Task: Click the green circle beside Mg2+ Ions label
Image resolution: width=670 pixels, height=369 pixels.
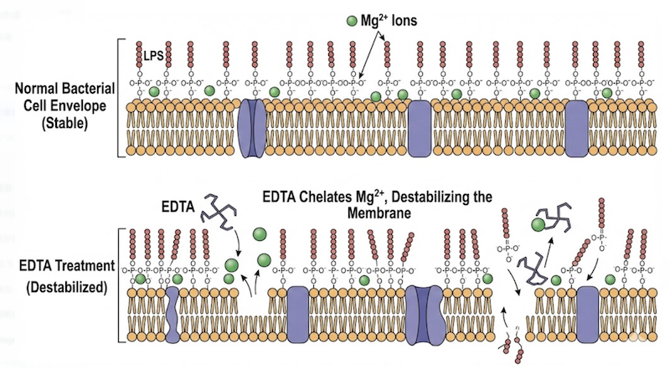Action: (351, 18)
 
